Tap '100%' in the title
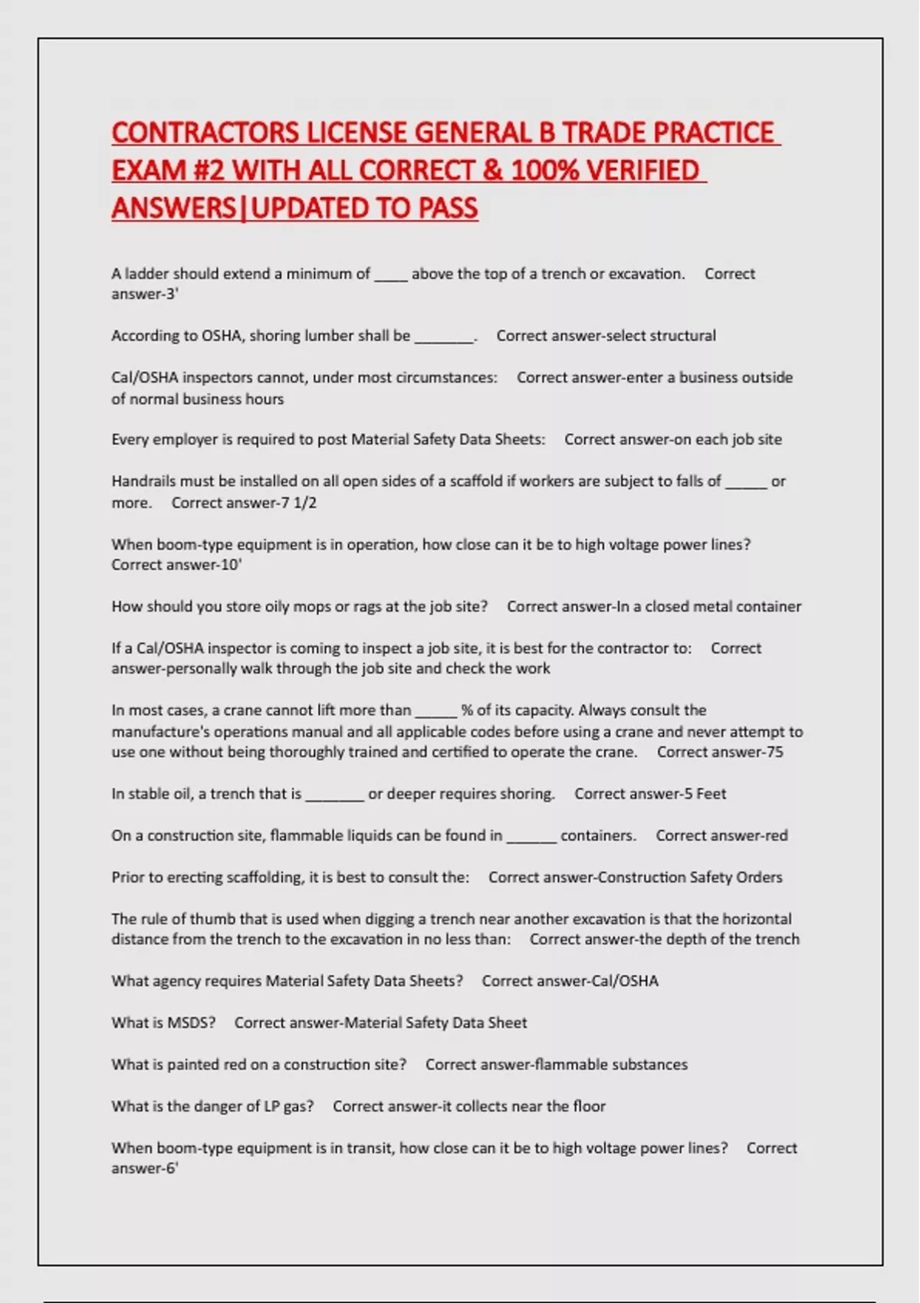pos(544,170)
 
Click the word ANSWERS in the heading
pos(174,208)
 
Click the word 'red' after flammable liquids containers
pos(776,835)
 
